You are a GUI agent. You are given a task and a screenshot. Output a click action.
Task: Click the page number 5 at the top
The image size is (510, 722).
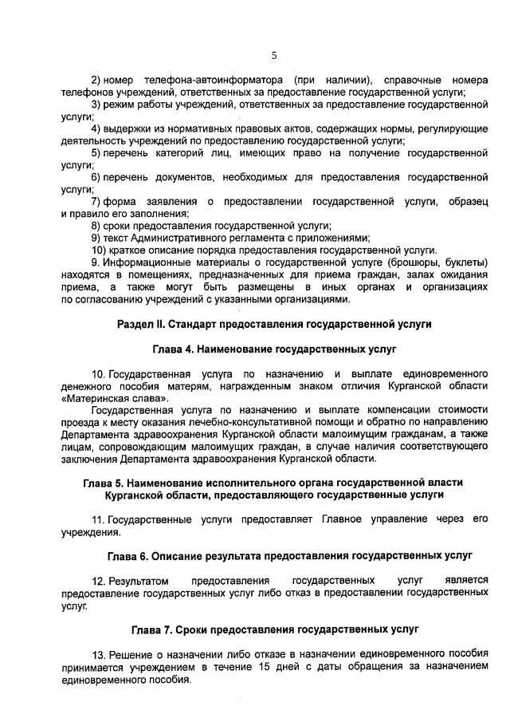[x=273, y=55]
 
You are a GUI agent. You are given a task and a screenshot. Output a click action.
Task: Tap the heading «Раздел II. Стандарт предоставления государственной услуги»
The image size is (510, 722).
[x=274, y=325]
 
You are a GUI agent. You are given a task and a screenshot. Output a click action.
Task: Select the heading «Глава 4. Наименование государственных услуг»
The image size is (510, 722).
[x=274, y=349]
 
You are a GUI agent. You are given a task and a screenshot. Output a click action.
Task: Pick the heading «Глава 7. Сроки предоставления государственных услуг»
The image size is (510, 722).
[x=274, y=629]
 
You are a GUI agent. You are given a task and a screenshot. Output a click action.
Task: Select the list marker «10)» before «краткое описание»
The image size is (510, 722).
[x=99, y=249]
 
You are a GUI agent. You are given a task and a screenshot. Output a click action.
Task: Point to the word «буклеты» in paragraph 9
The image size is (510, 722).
[x=465, y=262]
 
